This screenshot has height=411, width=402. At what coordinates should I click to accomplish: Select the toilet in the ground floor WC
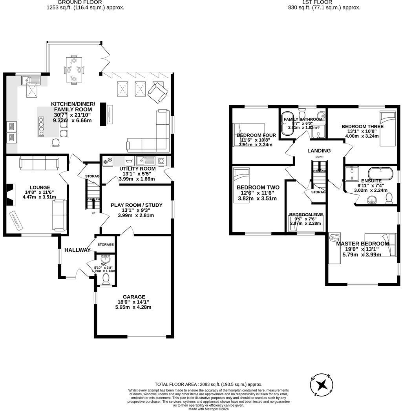coord(106,279)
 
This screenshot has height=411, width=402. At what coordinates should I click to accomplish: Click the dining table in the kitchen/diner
coord(74,70)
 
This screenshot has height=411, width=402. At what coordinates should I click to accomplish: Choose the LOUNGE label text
coord(35,187)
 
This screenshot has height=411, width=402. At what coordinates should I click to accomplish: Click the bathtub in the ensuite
coord(380,173)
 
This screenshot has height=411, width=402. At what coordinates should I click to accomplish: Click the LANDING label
coord(319,151)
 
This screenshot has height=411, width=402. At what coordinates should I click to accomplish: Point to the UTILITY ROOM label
coord(137,169)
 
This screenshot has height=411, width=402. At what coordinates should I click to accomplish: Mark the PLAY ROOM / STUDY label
coord(136,205)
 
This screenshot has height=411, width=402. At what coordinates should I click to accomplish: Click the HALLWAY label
coord(77,250)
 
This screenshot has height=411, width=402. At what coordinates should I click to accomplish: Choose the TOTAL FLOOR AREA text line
coord(208,384)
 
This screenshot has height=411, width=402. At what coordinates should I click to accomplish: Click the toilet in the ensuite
coord(389,199)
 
